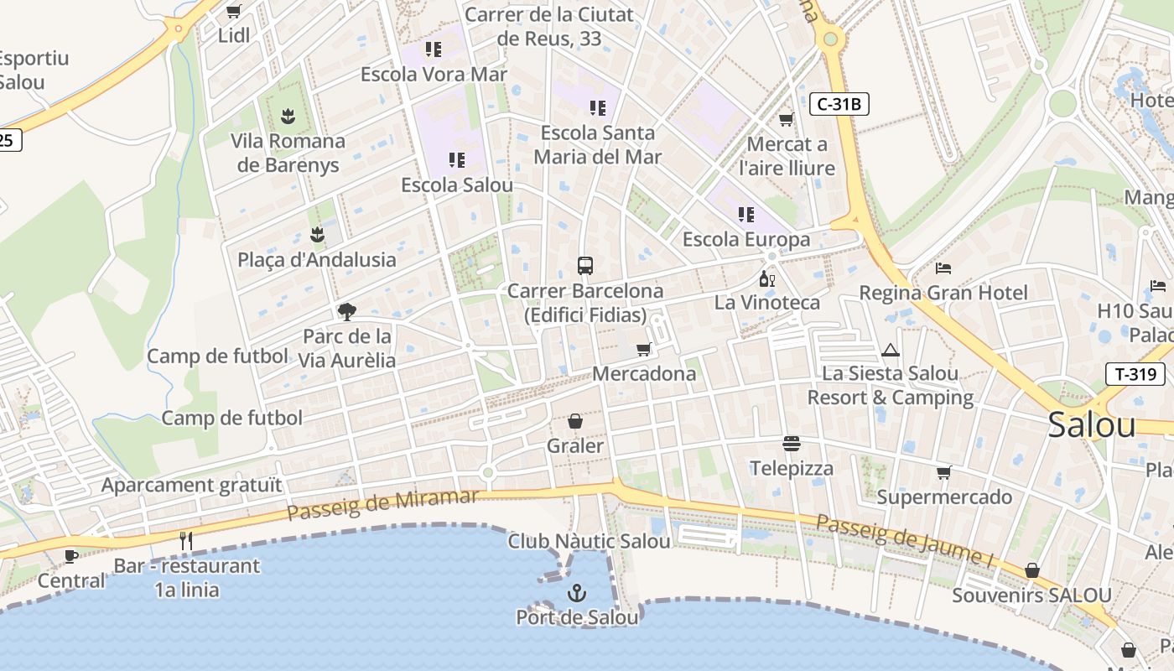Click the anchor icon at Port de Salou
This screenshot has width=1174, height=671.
(x=576, y=594)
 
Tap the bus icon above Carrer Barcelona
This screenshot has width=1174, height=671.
(x=585, y=266)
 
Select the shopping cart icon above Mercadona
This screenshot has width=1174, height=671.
(x=643, y=349)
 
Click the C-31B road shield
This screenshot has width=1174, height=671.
(x=839, y=105)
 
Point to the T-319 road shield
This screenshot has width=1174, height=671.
(x=1135, y=374)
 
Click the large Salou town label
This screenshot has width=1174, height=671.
(x=1092, y=425)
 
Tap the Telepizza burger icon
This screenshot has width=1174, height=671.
(x=792, y=443)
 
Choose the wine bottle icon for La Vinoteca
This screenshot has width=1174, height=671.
(x=766, y=278)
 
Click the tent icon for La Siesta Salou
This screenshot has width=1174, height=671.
(x=891, y=349)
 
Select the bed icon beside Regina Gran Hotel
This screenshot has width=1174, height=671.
(x=943, y=268)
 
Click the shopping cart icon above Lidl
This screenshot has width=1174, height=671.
(x=234, y=12)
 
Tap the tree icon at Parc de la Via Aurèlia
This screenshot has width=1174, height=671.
(x=346, y=312)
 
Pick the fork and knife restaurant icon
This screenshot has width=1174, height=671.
(x=186, y=541)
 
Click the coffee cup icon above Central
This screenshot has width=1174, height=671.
(x=71, y=556)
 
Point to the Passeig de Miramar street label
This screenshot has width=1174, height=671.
(x=382, y=503)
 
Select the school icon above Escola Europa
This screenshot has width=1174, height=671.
(x=746, y=215)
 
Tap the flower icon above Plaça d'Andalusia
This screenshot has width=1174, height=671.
(x=317, y=234)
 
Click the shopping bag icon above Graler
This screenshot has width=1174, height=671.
(x=575, y=420)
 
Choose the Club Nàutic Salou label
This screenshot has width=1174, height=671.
(x=589, y=541)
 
